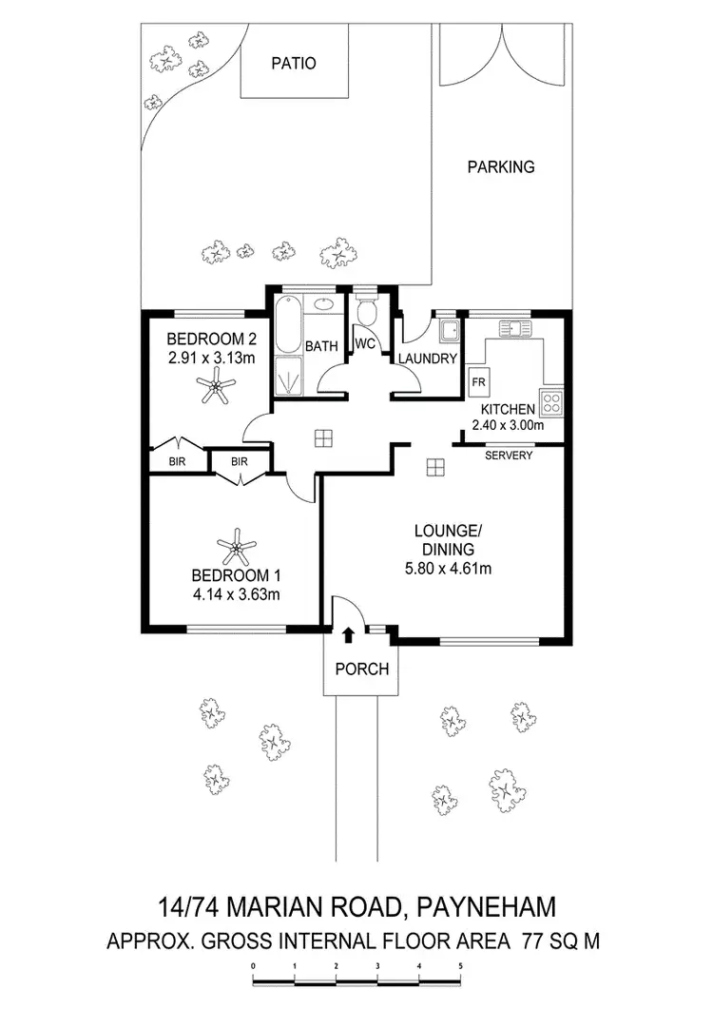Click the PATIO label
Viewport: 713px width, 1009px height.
pyautogui.click(x=293, y=64)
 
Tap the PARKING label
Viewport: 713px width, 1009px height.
pyautogui.click(x=501, y=166)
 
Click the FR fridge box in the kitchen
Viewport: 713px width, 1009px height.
pyautogui.click(x=477, y=383)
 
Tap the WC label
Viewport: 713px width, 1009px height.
pyautogui.click(x=364, y=343)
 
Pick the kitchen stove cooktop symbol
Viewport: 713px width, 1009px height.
pyautogui.click(x=551, y=400)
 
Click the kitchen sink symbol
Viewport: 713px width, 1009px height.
pyautogui.click(x=513, y=329)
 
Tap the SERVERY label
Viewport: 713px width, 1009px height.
pyautogui.click(x=509, y=456)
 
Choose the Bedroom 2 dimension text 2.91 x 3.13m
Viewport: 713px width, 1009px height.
pyautogui.click(x=211, y=358)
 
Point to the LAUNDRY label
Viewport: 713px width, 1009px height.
pyautogui.click(x=428, y=359)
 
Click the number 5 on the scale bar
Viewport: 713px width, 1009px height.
pyautogui.click(x=460, y=965)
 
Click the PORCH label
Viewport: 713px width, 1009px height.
pyautogui.click(x=362, y=669)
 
